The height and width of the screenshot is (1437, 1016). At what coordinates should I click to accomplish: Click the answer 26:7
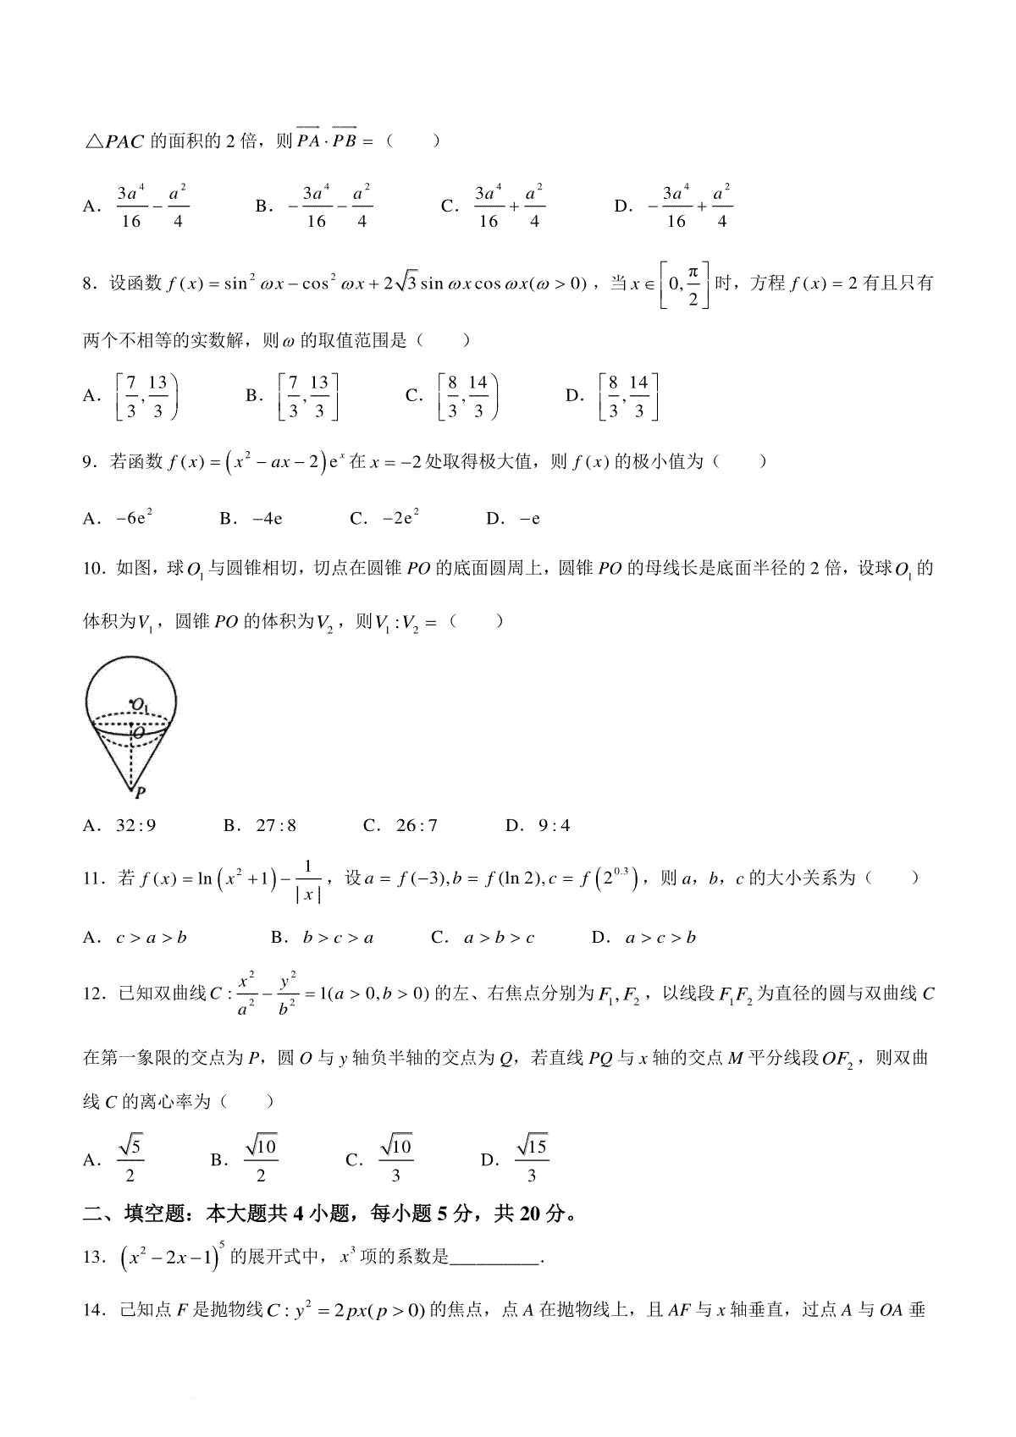point(417,825)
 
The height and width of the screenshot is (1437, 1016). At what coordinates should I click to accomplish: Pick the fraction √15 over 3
point(532,1160)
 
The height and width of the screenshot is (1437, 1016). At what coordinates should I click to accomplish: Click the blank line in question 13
point(495,1258)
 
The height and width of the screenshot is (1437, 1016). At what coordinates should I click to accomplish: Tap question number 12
point(95,994)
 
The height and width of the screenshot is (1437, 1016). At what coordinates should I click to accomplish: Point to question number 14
point(95,1312)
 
